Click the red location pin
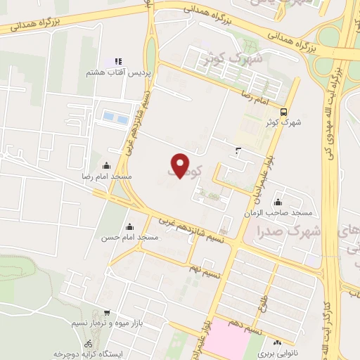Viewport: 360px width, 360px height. (181, 165)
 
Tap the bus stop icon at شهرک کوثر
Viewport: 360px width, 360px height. (283, 111)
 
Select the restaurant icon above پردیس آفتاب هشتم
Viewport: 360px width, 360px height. (118, 61)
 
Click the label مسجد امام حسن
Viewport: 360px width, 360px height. (130, 238)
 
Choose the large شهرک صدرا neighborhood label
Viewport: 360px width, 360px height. (289, 231)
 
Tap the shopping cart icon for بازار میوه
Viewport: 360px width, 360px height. (105, 312)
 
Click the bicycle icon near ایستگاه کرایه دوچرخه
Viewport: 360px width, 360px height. (88, 345)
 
